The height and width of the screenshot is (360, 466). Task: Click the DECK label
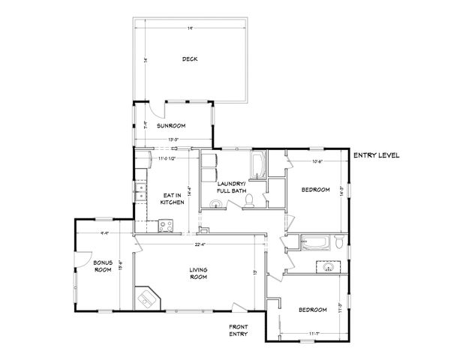pos(189,60)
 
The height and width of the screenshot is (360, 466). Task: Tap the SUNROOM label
pos(171,126)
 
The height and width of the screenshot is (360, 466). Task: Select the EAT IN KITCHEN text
pos(173,199)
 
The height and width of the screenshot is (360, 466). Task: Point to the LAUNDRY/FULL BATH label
pos(231,187)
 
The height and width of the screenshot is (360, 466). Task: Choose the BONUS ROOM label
pos(103,266)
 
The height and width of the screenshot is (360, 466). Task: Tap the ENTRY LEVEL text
pos(377,155)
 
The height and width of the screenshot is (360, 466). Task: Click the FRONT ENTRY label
pos(238,331)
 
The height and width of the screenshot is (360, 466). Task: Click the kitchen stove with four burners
pos(167,224)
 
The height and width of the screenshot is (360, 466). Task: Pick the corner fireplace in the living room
pos(146,298)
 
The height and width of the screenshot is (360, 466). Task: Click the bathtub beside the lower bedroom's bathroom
pos(315,242)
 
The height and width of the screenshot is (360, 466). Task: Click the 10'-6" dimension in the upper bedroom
pos(317,160)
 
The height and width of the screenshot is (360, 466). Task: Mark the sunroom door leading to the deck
pos(155,110)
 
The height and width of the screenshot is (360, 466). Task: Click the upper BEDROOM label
pos(315,190)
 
